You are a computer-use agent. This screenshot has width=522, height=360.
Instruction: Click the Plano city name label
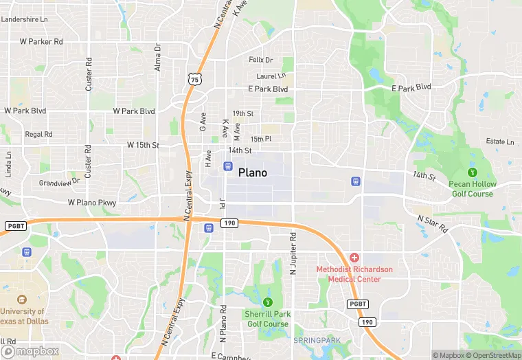coord(253,172)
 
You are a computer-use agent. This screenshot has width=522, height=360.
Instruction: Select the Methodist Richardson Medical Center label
coord(354,273)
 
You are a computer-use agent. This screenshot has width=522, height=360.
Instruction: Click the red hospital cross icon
coord(354,256)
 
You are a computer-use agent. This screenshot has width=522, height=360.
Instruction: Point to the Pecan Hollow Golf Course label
coord(471,188)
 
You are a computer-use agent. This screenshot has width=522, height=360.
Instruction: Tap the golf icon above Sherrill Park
coord(267,302)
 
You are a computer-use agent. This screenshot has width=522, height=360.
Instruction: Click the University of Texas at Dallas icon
coord(21,300)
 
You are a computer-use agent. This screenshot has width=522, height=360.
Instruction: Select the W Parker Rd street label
coord(41,41)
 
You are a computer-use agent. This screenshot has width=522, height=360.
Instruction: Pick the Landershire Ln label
coord(25,19)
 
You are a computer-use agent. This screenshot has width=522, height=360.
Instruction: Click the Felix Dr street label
coord(260,60)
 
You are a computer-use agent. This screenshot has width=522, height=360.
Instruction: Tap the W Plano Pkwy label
coord(92,203)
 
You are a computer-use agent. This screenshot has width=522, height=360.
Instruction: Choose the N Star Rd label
coord(433,223)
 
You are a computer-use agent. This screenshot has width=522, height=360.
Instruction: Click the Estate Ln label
coord(499,142)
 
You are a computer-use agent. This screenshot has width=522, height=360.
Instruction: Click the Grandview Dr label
coord(60,183)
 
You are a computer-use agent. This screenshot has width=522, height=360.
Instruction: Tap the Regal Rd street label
coord(38,134)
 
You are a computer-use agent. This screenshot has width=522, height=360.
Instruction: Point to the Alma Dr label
coord(157,57)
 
